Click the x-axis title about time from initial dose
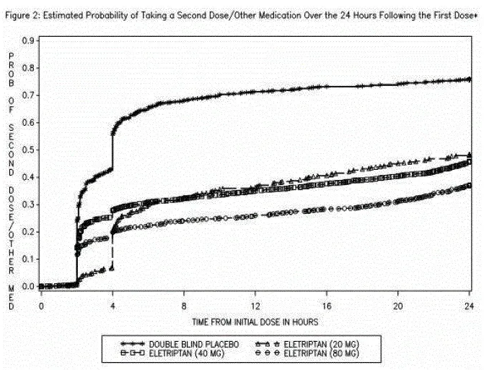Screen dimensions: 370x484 [x=255, y=319]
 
